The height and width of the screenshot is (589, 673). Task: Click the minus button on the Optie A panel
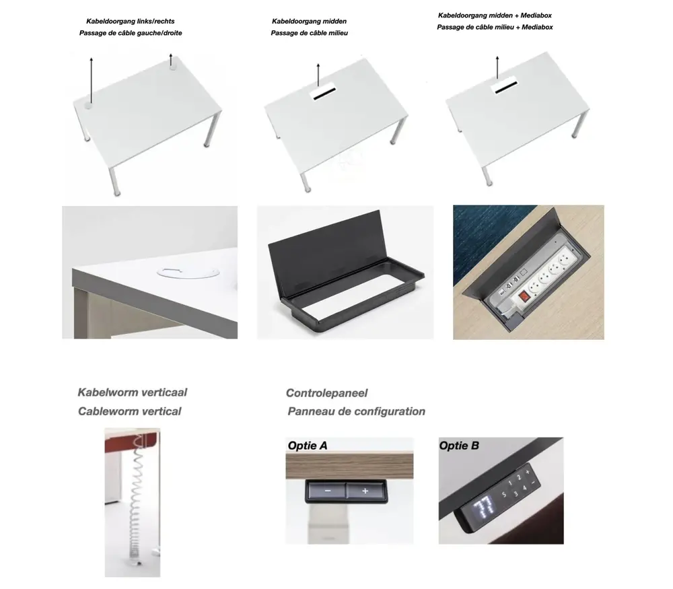pyautogui.click(x=326, y=491)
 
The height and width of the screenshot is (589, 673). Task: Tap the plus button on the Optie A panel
pyautogui.click(x=365, y=491)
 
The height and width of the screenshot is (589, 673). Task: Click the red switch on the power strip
pyautogui.click(x=523, y=296)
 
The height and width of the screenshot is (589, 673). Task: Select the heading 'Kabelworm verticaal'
pyautogui.click(x=132, y=392)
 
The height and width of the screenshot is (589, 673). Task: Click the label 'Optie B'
pyautogui.click(x=459, y=446)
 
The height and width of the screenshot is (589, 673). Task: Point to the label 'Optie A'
pyautogui.click(x=308, y=446)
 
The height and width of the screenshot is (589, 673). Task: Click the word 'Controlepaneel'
pyautogui.click(x=326, y=393)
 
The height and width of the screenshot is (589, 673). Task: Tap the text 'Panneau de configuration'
pyautogui.click(x=356, y=412)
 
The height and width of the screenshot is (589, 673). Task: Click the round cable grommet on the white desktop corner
pyautogui.click(x=188, y=272)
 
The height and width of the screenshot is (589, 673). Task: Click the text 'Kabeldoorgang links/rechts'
pyautogui.click(x=131, y=21)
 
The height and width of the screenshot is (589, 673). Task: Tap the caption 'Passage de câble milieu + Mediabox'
pyautogui.click(x=495, y=27)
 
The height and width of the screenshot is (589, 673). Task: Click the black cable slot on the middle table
pyautogui.click(x=324, y=94)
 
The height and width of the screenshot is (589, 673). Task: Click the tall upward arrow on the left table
pyautogui.click(x=92, y=80)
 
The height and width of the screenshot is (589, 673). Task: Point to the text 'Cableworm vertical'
pyautogui.click(x=130, y=412)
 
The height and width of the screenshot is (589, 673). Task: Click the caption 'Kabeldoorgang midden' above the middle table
pyautogui.click(x=309, y=21)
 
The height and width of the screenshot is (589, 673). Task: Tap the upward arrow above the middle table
pyautogui.click(x=318, y=75)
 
